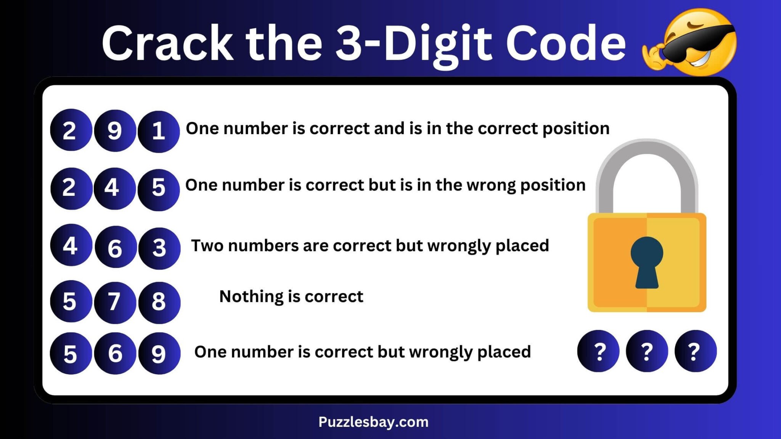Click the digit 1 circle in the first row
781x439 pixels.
click(158, 131)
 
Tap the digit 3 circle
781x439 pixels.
click(159, 248)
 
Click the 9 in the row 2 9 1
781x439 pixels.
click(114, 131)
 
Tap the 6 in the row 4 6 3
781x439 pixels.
click(115, 248)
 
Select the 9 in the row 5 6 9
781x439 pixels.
click(159, 354)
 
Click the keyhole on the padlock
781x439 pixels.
click(647, 261)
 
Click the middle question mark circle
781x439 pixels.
click(647, 351)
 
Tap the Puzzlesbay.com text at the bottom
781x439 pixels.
click(373, 422)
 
